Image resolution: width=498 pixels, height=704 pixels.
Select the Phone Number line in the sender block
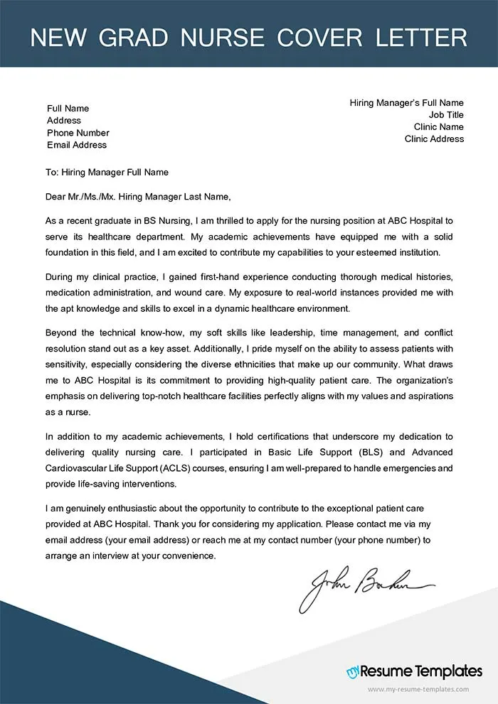(x=78, y=133)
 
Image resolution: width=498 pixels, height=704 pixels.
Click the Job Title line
(x=446, y=115)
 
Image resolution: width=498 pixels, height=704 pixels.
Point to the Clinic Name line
(x=439, y=127)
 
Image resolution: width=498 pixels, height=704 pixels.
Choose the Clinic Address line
(x=434, y=139)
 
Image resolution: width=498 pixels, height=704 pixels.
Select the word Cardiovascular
(x=80, y=468)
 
